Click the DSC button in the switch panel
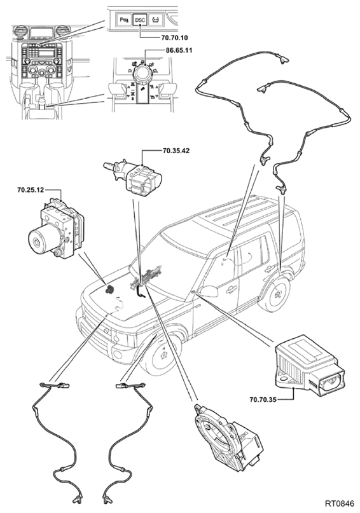(x=140, y=20)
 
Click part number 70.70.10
(x=175, y=38)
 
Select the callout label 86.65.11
(x=179, y=50)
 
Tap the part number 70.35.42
(x=176, y=151)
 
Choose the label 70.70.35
(x=263, y=399)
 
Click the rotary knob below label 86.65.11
(x=142, y=74)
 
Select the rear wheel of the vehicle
(x=277, y=294)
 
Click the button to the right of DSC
(x=155, y=20)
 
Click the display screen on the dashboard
(x=41, y=33)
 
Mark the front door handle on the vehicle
(x=231, y=289)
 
